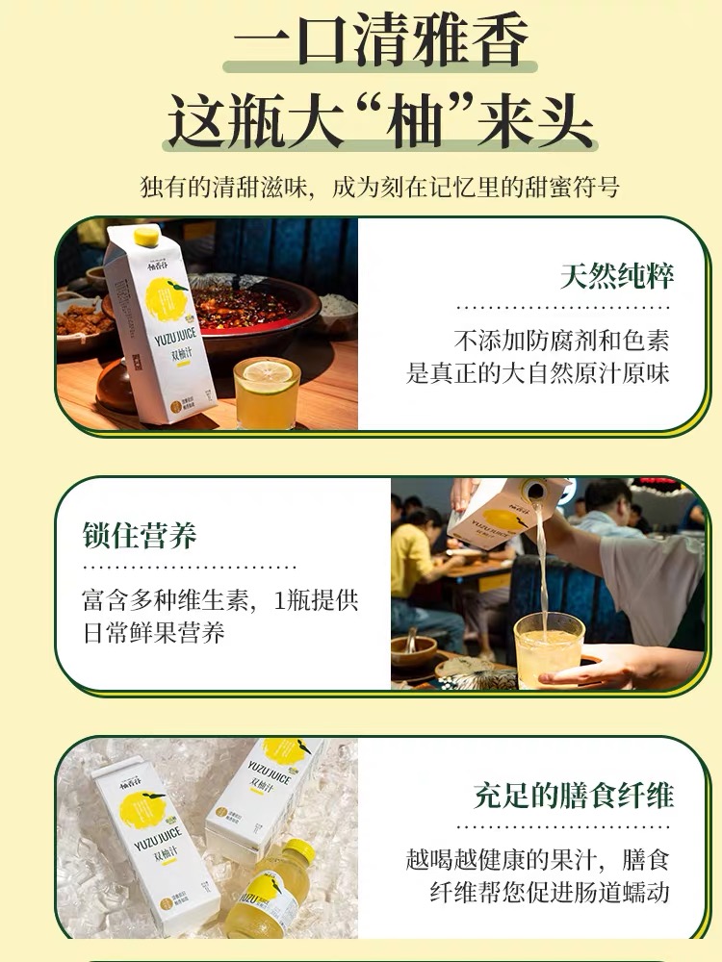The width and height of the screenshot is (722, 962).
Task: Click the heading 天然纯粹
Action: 616,277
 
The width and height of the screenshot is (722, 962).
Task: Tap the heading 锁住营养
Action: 140,535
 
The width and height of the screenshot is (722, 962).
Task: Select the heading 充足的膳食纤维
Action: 574,796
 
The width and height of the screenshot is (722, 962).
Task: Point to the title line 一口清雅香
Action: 380,38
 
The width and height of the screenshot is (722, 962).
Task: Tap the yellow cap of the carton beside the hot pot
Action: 146,237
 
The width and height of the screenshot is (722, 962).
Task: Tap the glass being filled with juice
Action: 549,649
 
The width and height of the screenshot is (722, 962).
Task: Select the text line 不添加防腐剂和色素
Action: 561,341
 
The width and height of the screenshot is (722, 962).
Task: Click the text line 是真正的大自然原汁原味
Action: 537,373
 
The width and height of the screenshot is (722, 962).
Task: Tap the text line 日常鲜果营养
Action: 153,633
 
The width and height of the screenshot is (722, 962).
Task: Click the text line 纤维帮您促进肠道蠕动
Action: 549,892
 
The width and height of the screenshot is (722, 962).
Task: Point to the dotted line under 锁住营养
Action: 190,568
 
